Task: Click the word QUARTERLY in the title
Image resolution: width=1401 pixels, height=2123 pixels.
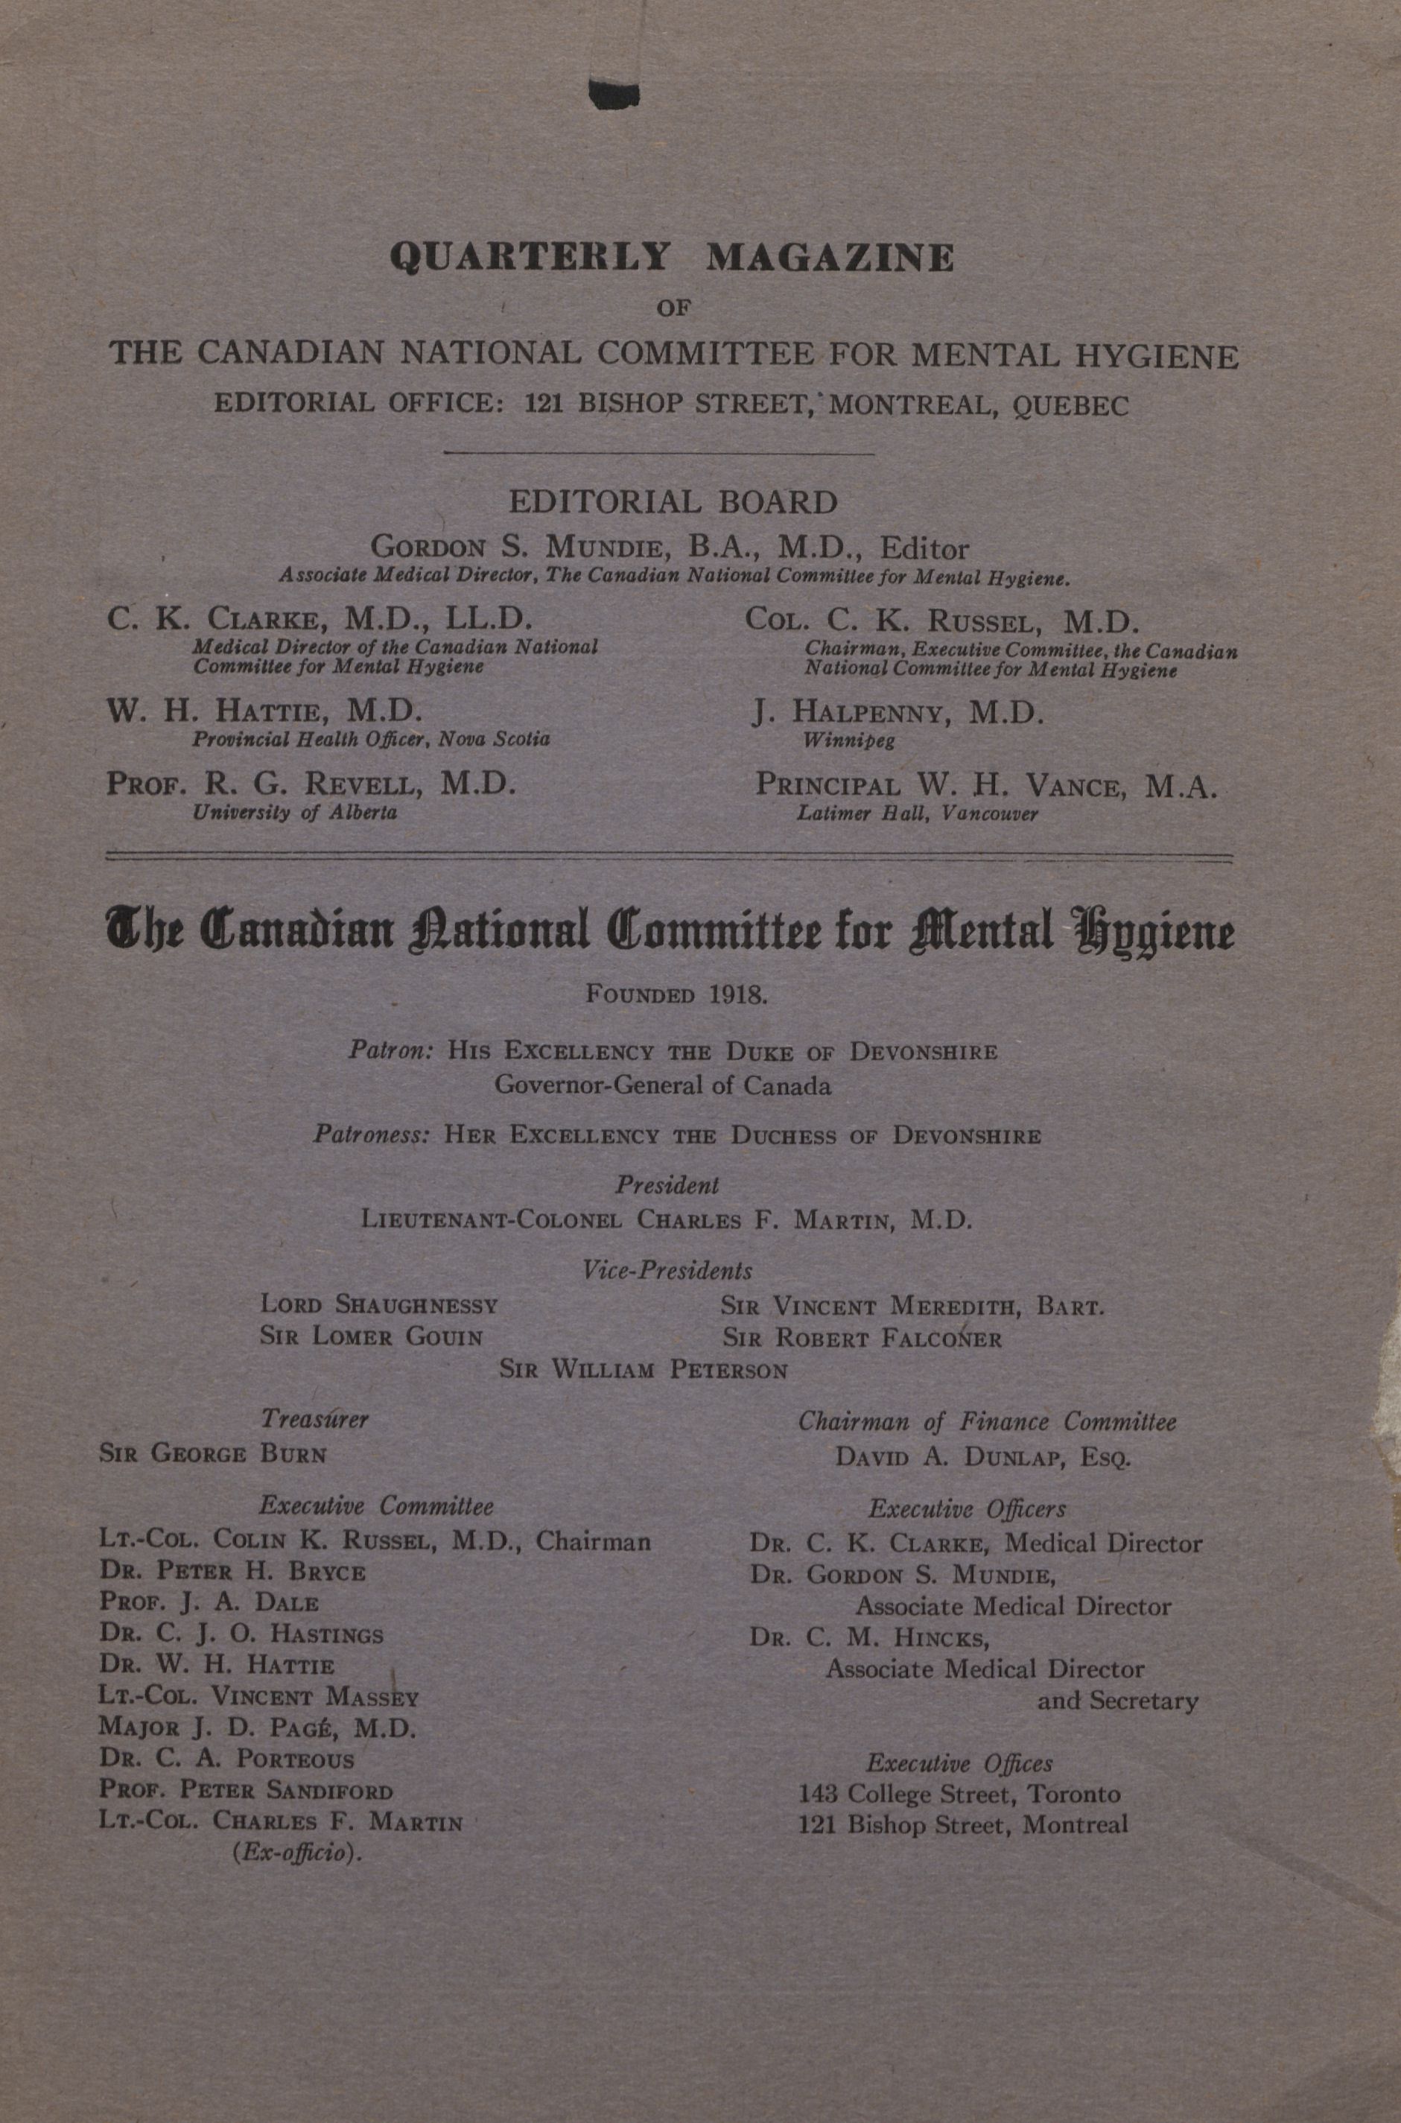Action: tap(530, 257)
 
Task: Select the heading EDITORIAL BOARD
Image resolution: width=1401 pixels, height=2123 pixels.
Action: tap(673, 502)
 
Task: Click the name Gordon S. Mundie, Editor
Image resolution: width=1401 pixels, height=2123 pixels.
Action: tap(670, 547)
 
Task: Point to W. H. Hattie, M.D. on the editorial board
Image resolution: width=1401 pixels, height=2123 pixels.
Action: tap(264, 711)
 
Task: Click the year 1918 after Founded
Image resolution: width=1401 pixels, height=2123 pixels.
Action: tap(738, 995)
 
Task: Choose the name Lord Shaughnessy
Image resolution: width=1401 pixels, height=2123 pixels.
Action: tap(379, 1305)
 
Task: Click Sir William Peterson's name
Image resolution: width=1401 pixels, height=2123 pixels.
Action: tap(644, 1370)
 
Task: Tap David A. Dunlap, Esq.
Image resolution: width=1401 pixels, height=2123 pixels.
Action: tap(983, 1457)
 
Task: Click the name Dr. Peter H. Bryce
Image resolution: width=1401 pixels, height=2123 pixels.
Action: tap(232, 1572)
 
